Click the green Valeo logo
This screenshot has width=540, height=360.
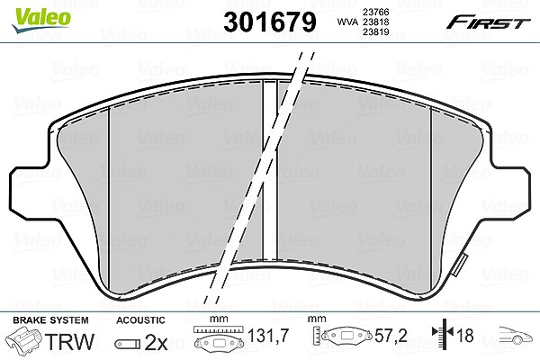point(41,21)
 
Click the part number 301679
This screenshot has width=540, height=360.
point(270,22)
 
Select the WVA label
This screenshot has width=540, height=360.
point(348,22)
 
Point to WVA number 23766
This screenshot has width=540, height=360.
point(375,12)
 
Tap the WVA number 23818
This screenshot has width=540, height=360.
point(375,22)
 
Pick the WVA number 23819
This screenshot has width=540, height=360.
point(375,32)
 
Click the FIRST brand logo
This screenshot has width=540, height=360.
point(488,22)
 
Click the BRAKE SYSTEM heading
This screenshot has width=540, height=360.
point(50,320)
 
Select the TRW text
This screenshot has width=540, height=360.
point(69,342)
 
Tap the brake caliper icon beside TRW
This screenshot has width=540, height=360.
point(24,341)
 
